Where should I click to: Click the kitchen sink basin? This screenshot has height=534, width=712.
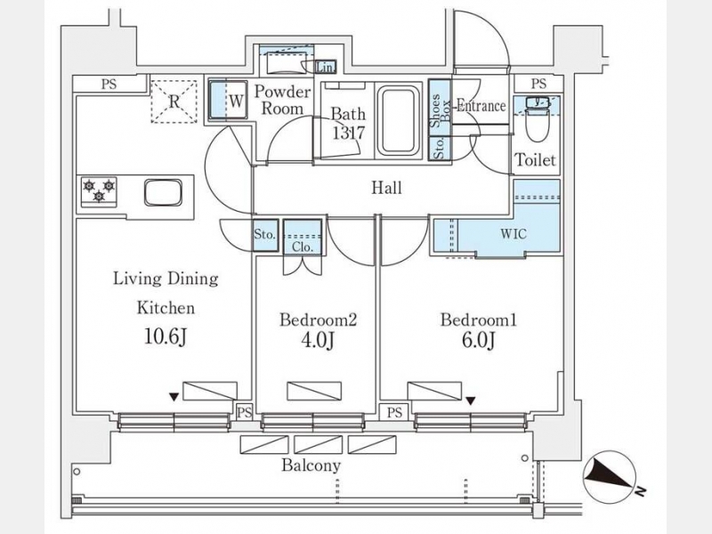163,192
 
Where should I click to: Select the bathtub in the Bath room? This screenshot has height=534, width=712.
399,121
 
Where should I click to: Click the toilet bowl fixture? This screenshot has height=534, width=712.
537,119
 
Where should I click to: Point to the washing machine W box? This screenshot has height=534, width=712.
228,100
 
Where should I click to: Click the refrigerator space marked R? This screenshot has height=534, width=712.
174,101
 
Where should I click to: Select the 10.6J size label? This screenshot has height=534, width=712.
166,337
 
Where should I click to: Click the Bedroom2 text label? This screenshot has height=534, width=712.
318,320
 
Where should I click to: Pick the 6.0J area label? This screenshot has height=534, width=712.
478,340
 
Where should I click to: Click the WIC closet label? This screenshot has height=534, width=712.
514,234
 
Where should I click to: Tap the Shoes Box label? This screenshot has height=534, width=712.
440,110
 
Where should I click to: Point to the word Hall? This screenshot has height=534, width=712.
386,188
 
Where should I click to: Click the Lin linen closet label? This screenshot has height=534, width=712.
325,69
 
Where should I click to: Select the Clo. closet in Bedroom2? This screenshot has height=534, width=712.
303,237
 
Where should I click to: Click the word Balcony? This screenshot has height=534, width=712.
311,465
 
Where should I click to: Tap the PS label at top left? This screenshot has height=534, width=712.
109,84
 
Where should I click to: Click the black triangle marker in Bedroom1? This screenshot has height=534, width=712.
471,401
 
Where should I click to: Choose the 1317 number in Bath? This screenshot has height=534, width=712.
348,133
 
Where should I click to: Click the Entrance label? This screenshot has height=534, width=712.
481,106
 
